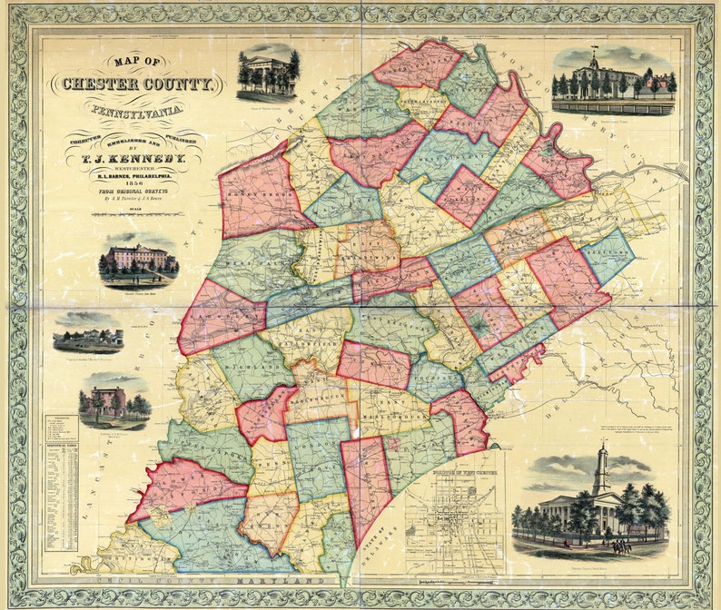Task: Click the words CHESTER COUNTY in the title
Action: coord(137,85)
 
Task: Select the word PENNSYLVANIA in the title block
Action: coord(136,111)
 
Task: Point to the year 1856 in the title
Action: coord(136,181)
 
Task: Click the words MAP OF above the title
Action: coord(136,63)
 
